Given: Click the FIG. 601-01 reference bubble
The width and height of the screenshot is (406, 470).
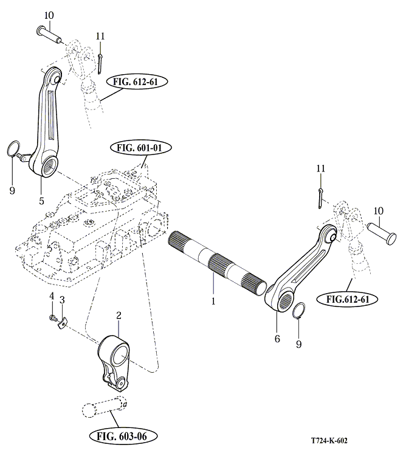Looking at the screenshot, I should (x=141, y=148).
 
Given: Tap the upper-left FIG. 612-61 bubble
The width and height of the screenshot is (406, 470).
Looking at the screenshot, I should (x=136, y=81).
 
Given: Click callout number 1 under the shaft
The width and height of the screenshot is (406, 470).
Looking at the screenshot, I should (x=213, y=300).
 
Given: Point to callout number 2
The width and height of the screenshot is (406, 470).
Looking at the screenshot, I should (x=119, y=315).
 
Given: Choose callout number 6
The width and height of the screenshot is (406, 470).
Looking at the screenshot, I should (x=277, y=338).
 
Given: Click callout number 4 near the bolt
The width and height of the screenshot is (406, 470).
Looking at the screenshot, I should (x=52, y=296).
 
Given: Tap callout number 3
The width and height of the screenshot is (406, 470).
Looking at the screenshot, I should (x=61, y=301).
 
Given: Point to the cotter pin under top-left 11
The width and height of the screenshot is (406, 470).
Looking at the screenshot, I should (x=100, y=60).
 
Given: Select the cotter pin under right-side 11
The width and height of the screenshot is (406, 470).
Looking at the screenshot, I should (x=321, y=196).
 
